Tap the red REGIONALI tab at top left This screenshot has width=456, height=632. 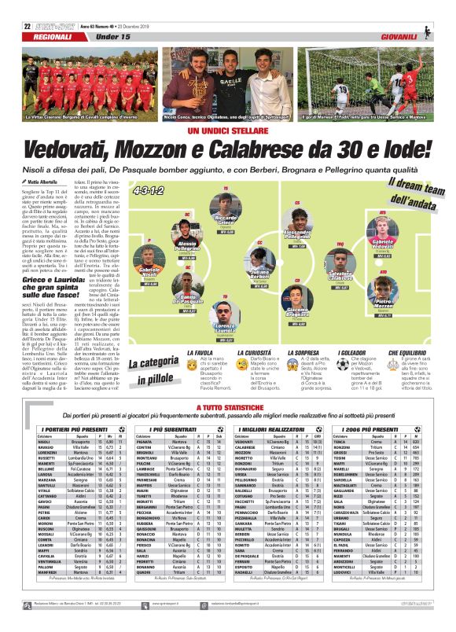click(x=31, y=37)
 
